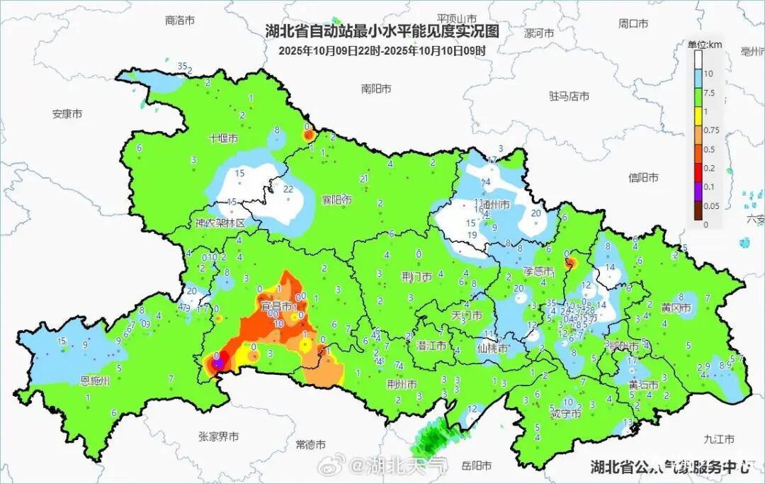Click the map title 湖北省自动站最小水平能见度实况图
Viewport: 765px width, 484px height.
point(382,31)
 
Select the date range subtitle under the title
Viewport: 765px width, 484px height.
point(382,50)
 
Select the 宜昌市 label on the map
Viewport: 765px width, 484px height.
point(276,306)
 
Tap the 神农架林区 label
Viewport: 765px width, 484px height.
point(220,223)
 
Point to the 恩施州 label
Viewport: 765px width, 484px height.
point(95,381)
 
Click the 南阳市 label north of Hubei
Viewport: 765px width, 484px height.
point(375,89)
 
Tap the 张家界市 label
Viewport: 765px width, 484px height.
point(218,437)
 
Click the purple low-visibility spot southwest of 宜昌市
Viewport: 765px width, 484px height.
point(218,364)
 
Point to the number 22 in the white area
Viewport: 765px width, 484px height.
point(288,189)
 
